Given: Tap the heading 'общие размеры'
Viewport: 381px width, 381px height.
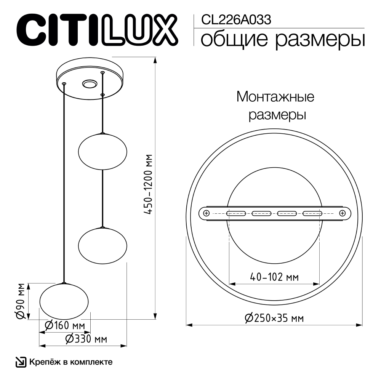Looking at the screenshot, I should (282, 40).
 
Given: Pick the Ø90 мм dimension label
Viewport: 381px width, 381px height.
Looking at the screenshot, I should (21, 301).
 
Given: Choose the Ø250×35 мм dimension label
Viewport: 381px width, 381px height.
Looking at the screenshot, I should (274, 318).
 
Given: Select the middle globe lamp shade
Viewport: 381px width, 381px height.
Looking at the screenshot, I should (102, 245).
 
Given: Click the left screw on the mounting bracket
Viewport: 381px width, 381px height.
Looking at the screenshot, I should (206, 213).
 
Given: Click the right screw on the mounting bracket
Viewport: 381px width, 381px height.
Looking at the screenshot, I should (342, 213).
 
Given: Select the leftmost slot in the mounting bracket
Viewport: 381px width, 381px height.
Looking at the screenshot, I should (236, 213).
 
